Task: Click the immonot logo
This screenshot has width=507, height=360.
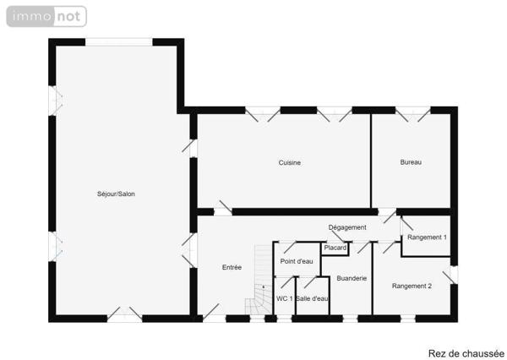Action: pyautogui.click(x=46, y=16)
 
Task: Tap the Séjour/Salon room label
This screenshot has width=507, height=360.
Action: pyautogui.click(x=116, y=194)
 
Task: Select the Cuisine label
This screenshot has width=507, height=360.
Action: pyautogui.click(x=290, y=162)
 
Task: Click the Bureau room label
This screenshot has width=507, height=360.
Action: pyautogui.click(x=411, y=161)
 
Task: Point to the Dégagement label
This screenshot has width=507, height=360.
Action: pyautogui.click(x=347, y=227)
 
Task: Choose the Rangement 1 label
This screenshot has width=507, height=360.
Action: pyautogui.click(x=427, y=237)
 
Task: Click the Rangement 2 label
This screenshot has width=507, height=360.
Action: pyautogui.click(x=412, y=286)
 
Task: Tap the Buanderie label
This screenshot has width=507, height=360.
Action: pyautogui.click(x=352, y=278)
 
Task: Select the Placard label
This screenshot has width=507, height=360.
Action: pyautogui.click(x=335, y=248)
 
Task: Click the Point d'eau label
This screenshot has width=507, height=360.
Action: pyautogui.click(x=297, y=261)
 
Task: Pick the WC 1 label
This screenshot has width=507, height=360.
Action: pyautogui.click(x=284, y=298)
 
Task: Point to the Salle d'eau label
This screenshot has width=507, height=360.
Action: pyautogui.click(x=312, y=298)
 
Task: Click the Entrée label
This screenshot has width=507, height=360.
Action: pyautogui.click(x=232, y=267)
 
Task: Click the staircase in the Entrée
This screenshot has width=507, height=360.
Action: pyautogui.click(x=257, y=296)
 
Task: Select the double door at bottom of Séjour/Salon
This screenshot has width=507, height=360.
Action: pyautogui.click(x=124, y=315)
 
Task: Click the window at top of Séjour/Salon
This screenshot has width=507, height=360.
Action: pyautogui.click(x=119, y=42)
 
